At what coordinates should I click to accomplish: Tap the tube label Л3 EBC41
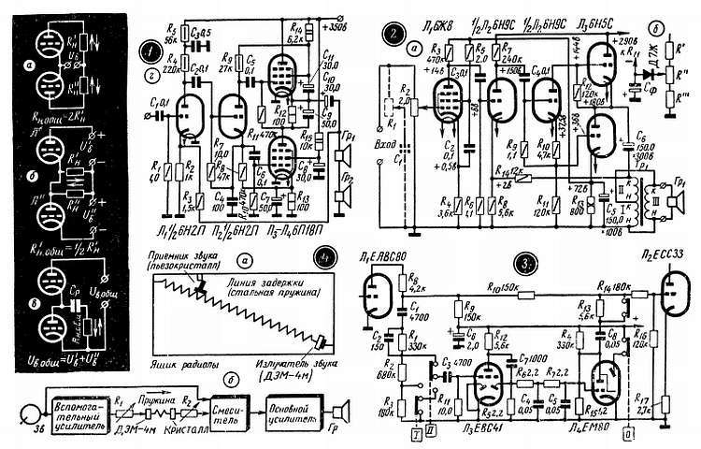485,427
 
